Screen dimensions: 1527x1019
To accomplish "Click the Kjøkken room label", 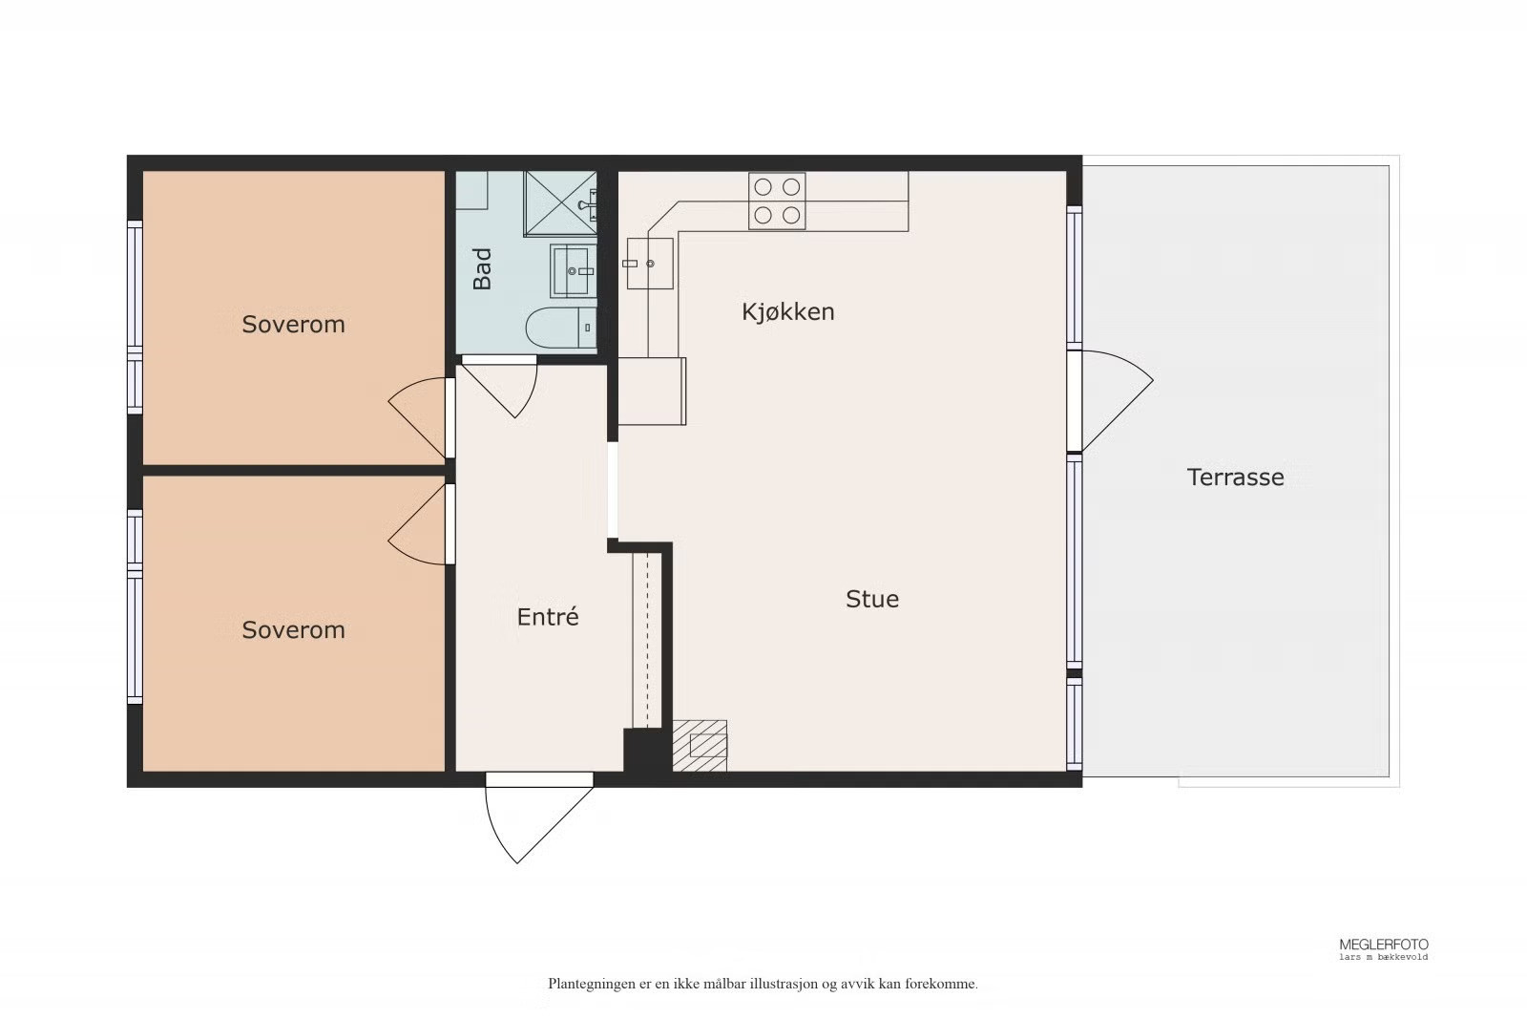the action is coord(788,311).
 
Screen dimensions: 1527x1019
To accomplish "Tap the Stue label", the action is coord(872,599).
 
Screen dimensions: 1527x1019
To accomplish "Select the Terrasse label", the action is coord(1235,477).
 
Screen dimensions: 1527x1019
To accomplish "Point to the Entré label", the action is coord(548,617).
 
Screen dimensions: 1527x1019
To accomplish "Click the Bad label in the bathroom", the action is coord(482,268).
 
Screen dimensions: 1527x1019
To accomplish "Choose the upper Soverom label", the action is coord(293,324).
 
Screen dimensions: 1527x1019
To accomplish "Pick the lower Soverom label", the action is coord(293,629).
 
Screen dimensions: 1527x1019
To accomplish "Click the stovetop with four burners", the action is coord(777,201).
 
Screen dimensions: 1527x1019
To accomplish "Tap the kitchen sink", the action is coord(650,264).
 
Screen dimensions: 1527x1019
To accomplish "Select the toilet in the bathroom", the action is coord(561,328).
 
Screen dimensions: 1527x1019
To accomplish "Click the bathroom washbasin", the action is coord(574,271).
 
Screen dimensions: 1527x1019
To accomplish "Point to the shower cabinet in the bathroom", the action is coord(559,203).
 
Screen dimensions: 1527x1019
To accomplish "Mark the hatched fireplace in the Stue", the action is coord(700,746).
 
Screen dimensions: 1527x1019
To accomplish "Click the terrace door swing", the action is coord(1111,401).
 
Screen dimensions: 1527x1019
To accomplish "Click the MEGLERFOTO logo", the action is coord(1383,948).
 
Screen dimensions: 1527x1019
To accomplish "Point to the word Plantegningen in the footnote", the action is coord(591,985).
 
